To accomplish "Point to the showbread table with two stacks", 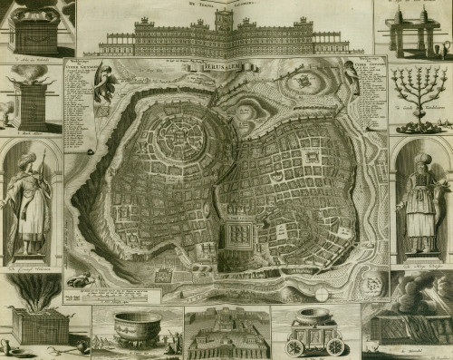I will [x=418, y=28].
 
